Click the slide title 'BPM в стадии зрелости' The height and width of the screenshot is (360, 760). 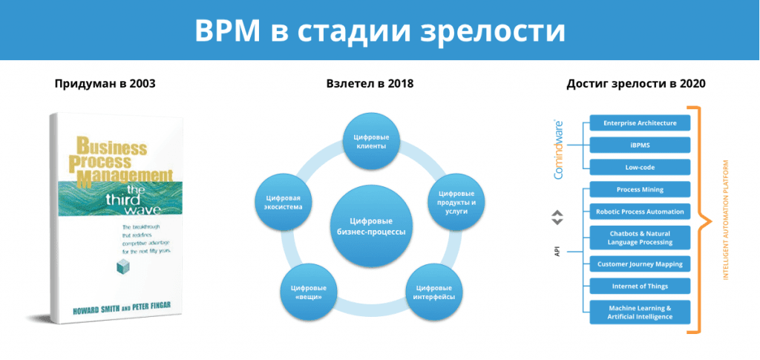[x=379, y=30]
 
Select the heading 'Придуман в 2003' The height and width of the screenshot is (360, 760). [x=105, y=84]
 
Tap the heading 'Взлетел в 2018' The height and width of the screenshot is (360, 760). [x=370, y=84]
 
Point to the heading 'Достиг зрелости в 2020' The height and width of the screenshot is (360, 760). [x=635, y=84]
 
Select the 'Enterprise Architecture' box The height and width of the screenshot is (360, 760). [x=640, y=122]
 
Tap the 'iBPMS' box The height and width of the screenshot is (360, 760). [x=640, y=145]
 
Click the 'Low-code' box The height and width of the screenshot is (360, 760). [x=640, y=167]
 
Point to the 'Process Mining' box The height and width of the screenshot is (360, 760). [x=640, y=189]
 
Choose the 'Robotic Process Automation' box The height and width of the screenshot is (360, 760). [x=640, y=211]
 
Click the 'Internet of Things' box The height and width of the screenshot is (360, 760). [x=640, y=286]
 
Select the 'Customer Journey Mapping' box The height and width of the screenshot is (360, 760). [x=640, y=264]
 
